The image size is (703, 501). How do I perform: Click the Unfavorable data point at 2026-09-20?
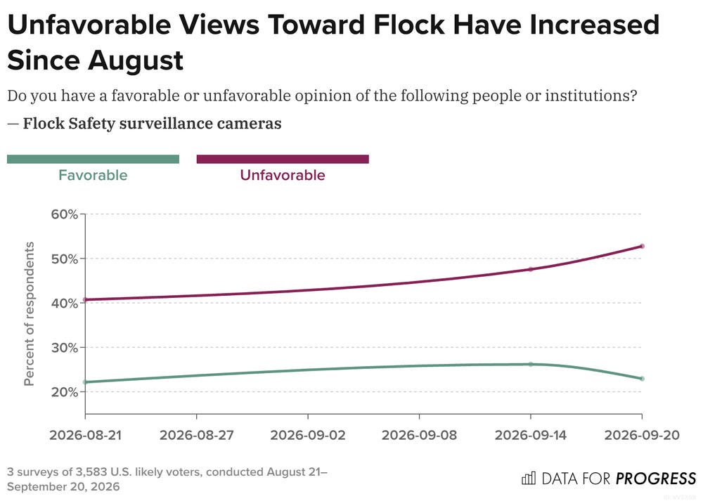click(x=642, y=246)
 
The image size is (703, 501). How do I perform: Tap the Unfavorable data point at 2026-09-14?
click(x=531, y=269)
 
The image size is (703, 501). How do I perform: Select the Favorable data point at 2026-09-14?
click(x=531, y=364)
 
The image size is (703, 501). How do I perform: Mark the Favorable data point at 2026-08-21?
click(x=85, y=382)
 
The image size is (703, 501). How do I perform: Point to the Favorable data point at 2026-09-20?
click(x=642, y=379)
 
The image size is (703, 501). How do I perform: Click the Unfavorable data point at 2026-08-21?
click(x=85, y=299)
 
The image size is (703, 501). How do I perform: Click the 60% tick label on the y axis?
click(x=65, y=214)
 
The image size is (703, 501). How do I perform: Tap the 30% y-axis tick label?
click(x=65, y=348)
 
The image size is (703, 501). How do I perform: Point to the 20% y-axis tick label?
click(x=65, y=392)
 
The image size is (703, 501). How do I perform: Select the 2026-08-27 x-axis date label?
click(x=197, y=435)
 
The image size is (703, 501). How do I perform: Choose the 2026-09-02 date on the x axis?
click(x=308, y=435)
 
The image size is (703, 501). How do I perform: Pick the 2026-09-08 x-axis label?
click(x=419, y=435)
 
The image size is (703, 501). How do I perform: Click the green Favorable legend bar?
click(x=93, y=159)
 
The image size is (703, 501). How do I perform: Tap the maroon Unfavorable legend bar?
click(x=283, y=159)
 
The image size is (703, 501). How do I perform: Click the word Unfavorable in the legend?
click(x=283, y=175)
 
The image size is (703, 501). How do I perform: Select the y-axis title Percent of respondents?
click(x=29, y=313)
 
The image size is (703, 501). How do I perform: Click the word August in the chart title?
click(x=136, y=61)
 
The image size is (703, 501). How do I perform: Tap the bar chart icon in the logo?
click(x=529, y=478)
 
